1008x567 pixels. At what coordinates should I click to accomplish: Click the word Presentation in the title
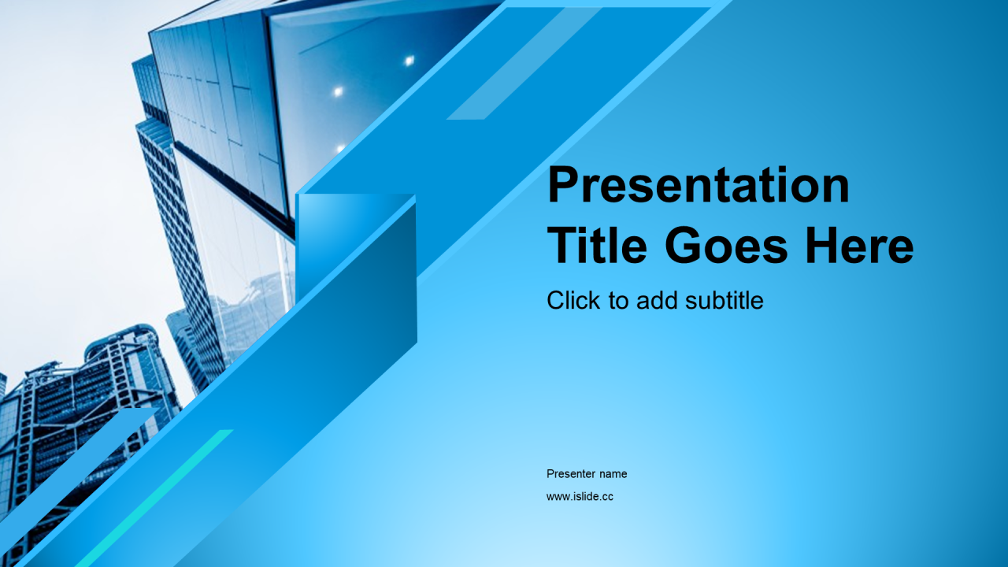click(698, 185)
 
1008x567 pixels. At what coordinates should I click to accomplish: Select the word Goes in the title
click(726, 246)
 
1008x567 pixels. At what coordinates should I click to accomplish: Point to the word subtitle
click(724, 300)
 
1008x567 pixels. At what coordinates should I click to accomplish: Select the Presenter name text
click(587, 474)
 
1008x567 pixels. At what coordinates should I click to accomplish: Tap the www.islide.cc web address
click(580, 496)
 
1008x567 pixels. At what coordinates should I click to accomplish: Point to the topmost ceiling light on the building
click(409, 61)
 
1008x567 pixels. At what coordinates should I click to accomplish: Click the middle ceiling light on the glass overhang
click(338, 92)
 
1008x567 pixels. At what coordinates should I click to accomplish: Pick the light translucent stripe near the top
click(524, 64)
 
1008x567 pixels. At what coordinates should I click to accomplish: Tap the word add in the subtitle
click(657, 300)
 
